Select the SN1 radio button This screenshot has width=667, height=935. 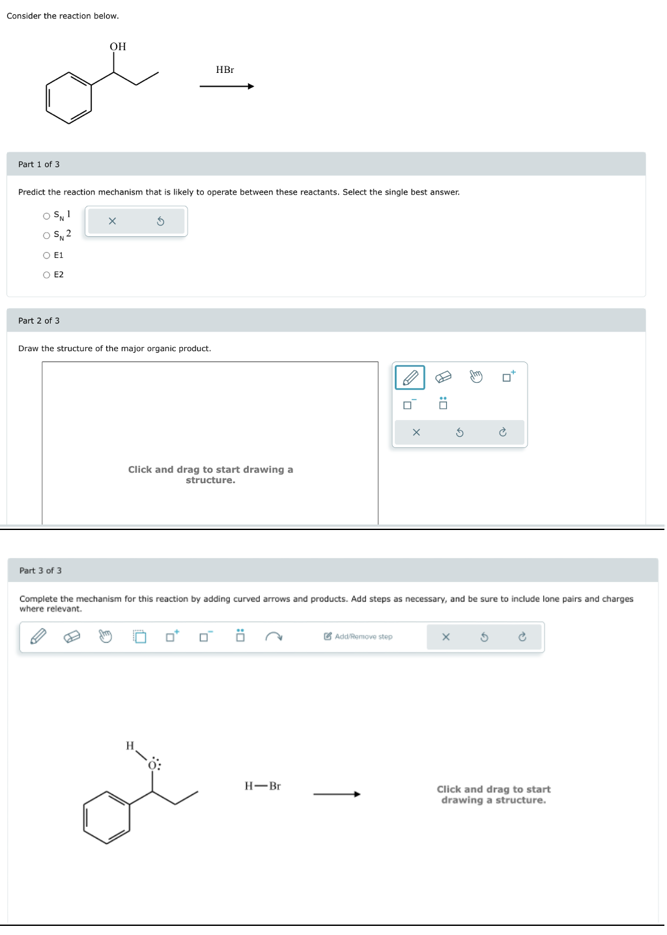[x=47, y=216]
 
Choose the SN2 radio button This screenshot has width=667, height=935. [x=47, y=236]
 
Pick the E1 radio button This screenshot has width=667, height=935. [x=47, y=255]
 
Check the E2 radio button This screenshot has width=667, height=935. [x=47, y=275]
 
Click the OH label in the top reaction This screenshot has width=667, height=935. [x=118, y=47]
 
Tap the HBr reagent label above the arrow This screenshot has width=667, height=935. [x=225, y=70]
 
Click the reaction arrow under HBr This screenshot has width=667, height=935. [x=226, y=87]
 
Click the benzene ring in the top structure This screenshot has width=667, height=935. [x=69, y=98]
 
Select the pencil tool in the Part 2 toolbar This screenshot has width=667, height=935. [x=410, y=378]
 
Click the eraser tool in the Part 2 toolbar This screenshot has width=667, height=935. [x=443, y=377]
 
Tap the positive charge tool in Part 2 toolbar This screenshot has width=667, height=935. [x=508, y=376]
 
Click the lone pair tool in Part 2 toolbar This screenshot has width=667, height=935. [x=443, y=404]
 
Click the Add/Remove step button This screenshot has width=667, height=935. [x=358, y=637]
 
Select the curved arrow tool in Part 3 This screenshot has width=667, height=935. [x=274, y=637]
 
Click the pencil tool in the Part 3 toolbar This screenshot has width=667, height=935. [x=38, y=636]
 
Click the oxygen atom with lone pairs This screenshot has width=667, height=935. [x=153, y=765]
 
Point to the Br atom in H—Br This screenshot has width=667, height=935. [x=275, y=786]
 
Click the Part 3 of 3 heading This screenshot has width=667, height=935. [x=40, y=570]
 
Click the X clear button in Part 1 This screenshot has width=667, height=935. [x=112, y=221]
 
